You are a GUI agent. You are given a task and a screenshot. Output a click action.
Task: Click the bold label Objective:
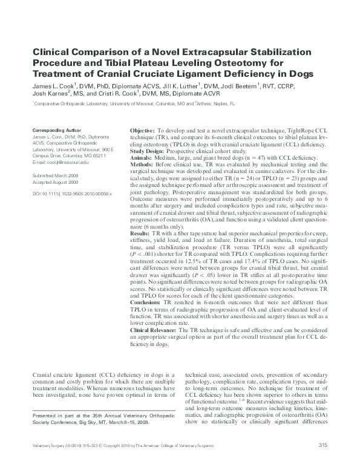142,131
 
